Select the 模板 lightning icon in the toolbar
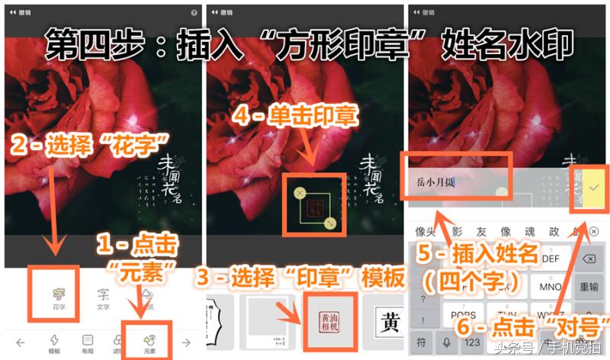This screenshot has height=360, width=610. click(54, 342)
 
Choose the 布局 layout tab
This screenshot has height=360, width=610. click(88, 342)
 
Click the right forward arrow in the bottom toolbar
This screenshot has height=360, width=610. click(185, 342)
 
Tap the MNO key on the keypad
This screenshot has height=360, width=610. click(550, 288)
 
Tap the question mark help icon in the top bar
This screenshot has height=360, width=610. click(194, 13)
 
